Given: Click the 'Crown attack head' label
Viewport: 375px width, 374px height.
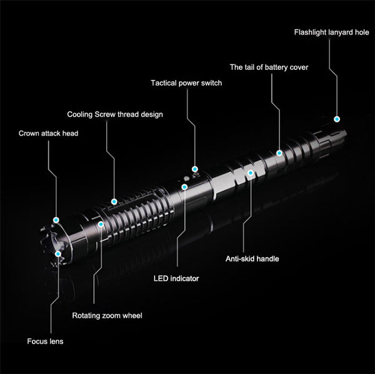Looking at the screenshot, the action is [48, 133].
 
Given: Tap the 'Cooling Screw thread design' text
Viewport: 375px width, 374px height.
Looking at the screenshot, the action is [115, 114].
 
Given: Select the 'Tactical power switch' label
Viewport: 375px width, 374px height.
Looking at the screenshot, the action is [186, 83].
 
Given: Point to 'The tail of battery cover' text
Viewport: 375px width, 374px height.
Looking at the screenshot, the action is [269, 67].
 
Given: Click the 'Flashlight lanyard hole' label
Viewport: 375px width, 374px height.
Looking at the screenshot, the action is [331, 32].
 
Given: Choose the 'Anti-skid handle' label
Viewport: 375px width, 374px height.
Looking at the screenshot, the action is [252, 258].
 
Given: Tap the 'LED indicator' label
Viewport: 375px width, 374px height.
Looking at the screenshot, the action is [176, 278].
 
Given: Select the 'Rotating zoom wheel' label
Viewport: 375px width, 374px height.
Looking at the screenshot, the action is [107, 315].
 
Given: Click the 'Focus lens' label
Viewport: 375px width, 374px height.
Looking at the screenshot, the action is [45, 341].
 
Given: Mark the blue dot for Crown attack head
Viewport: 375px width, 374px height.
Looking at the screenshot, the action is [56, 220].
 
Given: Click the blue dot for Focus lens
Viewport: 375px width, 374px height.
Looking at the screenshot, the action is [58, 253].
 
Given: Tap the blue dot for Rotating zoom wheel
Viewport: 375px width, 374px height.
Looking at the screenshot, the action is [101, 224].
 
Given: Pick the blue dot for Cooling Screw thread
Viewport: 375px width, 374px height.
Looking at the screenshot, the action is [114, 202].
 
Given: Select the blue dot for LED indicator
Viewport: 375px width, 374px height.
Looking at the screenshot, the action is [184, 187].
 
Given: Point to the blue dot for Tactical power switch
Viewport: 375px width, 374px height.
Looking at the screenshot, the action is [195, 169].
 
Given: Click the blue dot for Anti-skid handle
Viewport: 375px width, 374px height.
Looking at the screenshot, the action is [251, 173].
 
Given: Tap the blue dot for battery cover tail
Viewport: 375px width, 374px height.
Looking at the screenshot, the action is [279, 153].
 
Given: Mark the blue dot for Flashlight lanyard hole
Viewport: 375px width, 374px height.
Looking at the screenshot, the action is [337, 119].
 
